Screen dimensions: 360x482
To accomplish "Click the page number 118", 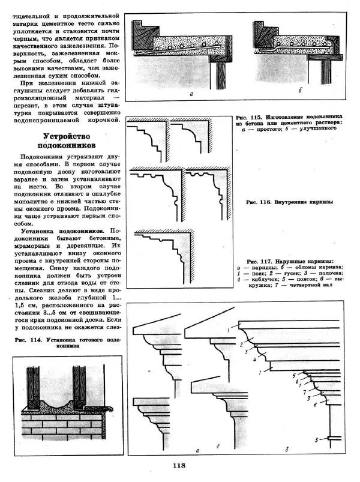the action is pyautogui.click(x=179, y=465).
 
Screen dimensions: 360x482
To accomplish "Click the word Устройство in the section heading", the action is pyautogui.click(x=67, y=136).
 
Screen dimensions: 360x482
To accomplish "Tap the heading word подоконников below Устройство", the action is pyautogui.click(x=67, y=145).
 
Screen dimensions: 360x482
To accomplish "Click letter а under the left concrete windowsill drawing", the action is pyautogui.click(x=191, y=94).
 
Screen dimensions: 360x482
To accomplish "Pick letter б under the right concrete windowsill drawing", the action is pyautogui.click(x=300, y=91).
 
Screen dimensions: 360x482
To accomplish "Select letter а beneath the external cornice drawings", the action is pyautogui.click(x=198, y=450).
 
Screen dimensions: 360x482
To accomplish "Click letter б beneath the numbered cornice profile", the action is pyautogui.click(x=287, y=450).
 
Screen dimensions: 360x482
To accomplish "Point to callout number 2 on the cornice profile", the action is pyautogui.click(x=242, y=345).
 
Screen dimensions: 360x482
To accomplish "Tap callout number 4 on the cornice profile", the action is pyautogui.click(x=254, y=360).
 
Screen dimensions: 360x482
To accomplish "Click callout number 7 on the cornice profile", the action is pyautogui.click(x=304, y=393).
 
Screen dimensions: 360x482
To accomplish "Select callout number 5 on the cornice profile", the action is pyautogui.click(x=294, y=375).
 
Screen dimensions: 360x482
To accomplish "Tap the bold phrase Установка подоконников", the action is pyautogui.click(x=62, y=231).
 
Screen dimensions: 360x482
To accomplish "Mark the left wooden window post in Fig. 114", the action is pyautogui.click(x=33, y=385).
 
